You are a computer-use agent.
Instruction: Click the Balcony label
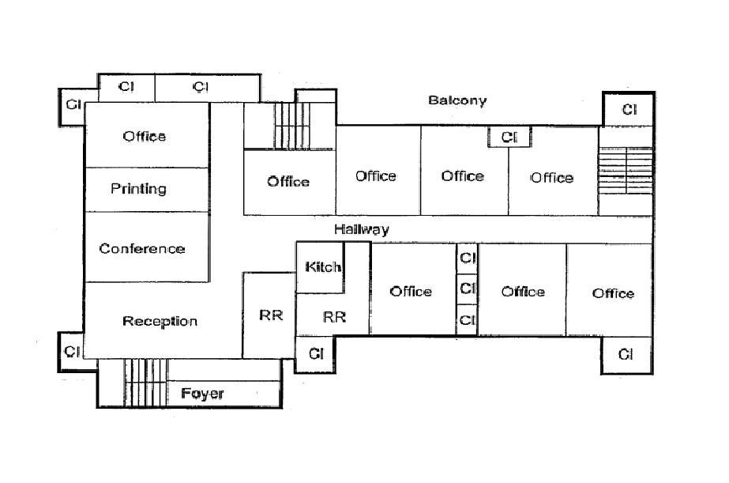457,100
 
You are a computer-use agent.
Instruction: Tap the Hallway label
361,229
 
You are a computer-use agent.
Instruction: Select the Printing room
138,189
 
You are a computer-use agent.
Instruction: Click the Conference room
142,248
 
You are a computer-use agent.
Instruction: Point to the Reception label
160,321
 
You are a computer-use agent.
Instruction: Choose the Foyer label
202,393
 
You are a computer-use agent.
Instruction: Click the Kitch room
322,267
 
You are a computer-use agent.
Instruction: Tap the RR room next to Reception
270,315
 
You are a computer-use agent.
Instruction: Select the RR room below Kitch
334,317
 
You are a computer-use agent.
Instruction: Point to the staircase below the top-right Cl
626,170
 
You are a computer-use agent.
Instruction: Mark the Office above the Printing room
145,136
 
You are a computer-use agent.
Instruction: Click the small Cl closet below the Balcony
509,138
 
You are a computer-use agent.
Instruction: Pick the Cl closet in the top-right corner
629,109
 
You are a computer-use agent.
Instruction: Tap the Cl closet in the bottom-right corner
626,354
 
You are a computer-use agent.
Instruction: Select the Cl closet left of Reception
72,351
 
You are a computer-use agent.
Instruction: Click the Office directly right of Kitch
411,291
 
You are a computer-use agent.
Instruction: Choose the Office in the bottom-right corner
613,292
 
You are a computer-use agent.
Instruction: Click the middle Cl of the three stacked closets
468,289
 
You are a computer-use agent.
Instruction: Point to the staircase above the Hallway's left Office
289,125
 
